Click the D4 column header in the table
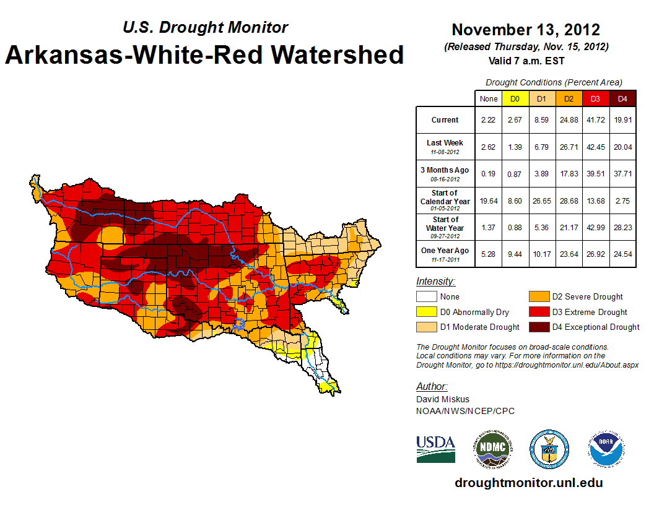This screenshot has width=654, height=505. point(622,98)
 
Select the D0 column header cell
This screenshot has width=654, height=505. point(515,98)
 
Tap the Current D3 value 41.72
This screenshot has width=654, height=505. point(596,120)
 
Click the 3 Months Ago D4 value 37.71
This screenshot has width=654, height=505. point(622,174)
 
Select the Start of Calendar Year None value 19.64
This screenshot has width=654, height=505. point(489,201)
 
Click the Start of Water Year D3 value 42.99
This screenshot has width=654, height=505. point(596,228)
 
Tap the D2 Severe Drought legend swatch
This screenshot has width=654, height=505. point(538,297)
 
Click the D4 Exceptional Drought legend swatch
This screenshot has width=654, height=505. point(538,327)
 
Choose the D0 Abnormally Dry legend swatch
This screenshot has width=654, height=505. point(427,312)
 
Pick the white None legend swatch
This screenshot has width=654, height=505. point(427,297)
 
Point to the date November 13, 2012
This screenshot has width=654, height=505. point(526,30)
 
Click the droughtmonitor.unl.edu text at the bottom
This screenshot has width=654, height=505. point(528,483)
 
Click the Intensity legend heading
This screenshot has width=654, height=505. point(435,282)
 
